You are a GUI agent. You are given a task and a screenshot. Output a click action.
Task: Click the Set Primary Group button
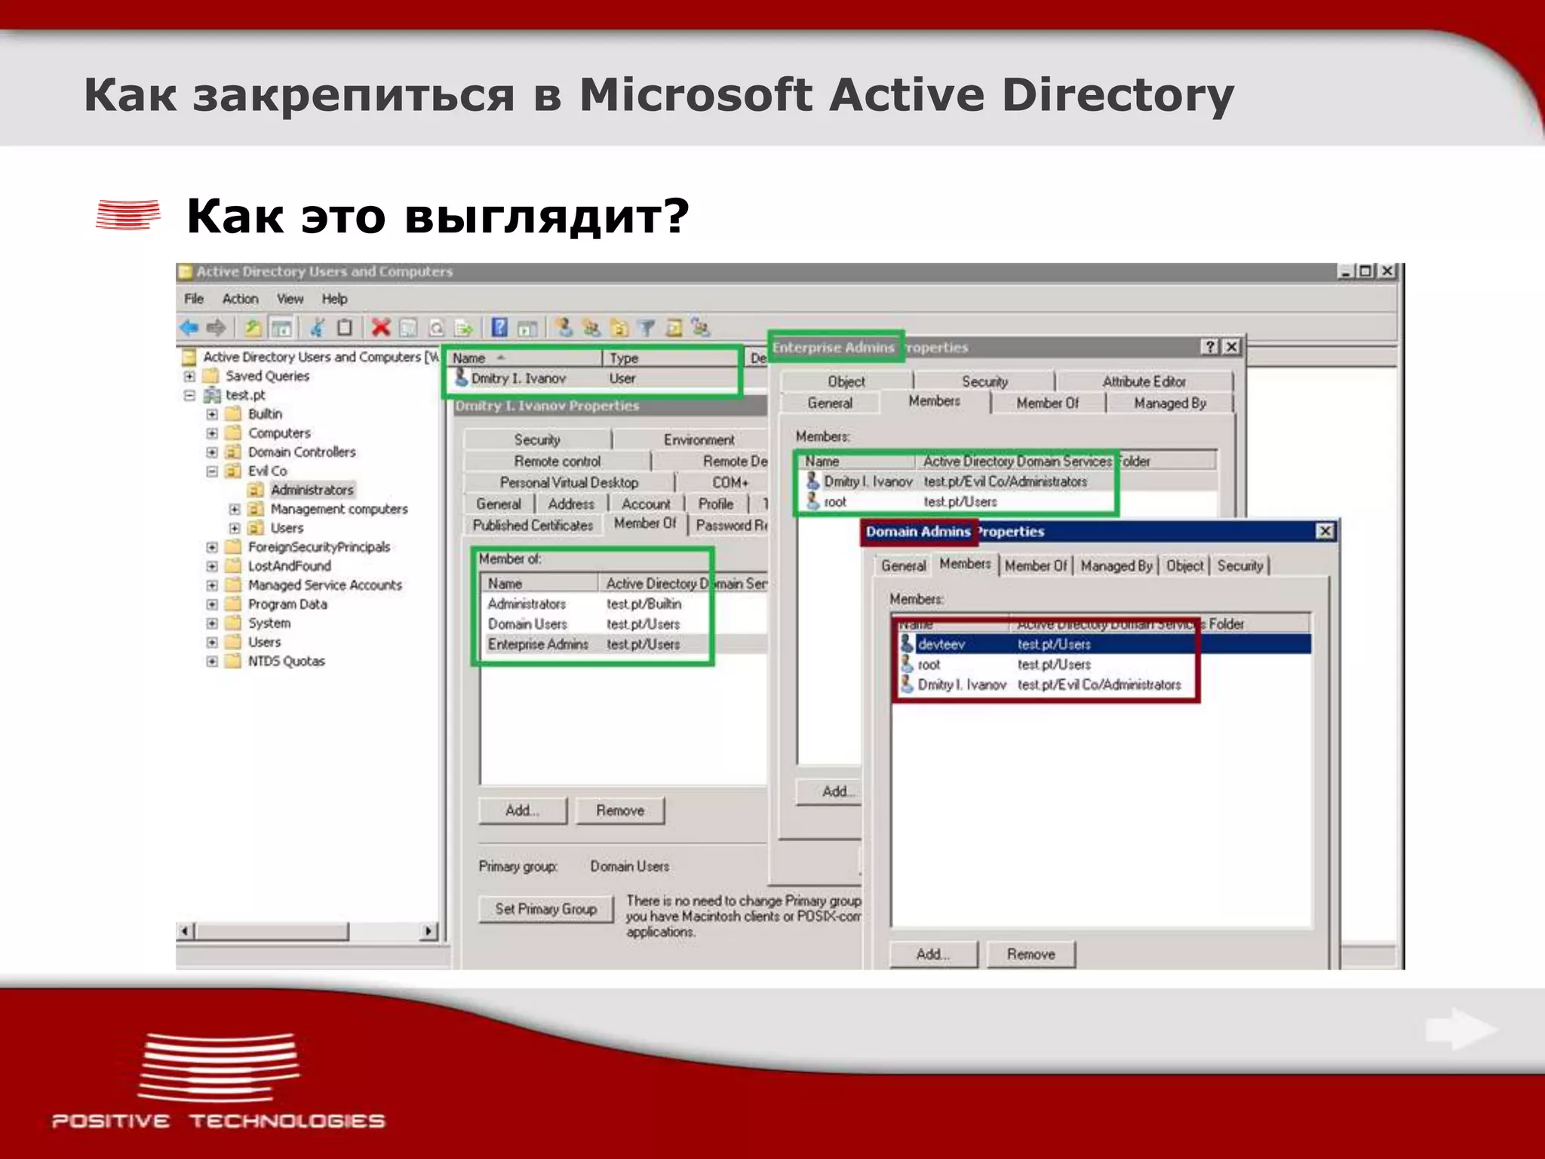point(545,909)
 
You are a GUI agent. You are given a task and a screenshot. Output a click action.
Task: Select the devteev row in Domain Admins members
point(941,644)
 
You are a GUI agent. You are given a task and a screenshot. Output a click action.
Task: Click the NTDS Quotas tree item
point(286,661)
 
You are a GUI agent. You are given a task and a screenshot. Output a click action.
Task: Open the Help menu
point(334,299)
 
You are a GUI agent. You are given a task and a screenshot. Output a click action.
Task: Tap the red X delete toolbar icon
point(381,327)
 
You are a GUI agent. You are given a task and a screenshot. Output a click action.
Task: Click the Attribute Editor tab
point(1144,382)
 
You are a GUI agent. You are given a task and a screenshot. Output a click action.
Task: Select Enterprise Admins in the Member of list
point(538,644)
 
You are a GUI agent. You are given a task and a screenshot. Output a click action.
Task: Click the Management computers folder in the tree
point(339,509)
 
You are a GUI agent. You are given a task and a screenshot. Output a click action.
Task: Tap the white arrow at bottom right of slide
point(1460,1029)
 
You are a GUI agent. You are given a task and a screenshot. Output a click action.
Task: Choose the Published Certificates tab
point(533,525)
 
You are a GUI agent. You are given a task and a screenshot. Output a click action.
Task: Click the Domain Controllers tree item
point(302,452)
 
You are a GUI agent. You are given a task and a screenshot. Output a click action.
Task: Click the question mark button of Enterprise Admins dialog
point(1210,346)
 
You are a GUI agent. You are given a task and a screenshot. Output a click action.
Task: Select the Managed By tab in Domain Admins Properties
point(1116,566)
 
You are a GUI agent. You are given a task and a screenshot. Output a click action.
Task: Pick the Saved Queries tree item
point(267,376)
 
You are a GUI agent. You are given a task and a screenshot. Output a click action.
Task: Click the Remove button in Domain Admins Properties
point(1031,955)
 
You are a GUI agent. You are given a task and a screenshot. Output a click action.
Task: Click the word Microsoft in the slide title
point(695,95)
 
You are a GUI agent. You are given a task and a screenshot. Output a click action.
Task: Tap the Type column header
point(624,358)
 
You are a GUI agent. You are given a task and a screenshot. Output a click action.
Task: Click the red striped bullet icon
point(128,214)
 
